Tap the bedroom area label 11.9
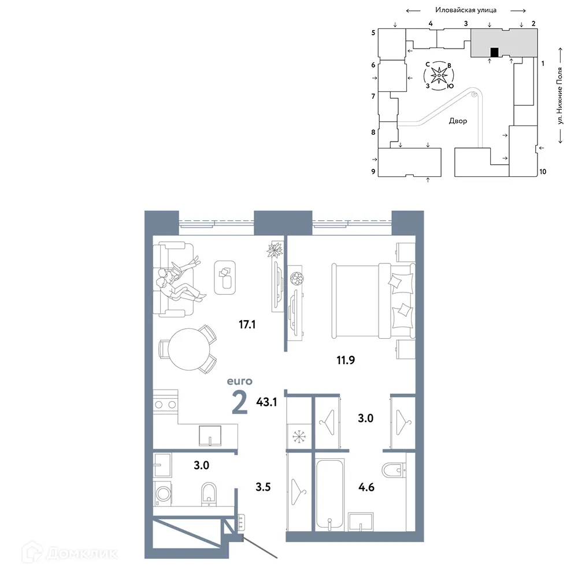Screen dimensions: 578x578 [345, 361]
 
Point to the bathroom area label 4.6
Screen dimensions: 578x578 [367, 487]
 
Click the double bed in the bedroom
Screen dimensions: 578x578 [373, 301]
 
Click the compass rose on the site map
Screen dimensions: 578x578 [439, 75]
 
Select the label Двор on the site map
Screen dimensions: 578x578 [458, 122]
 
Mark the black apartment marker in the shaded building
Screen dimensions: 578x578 [494, 53]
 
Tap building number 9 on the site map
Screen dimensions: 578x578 [373, 172]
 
